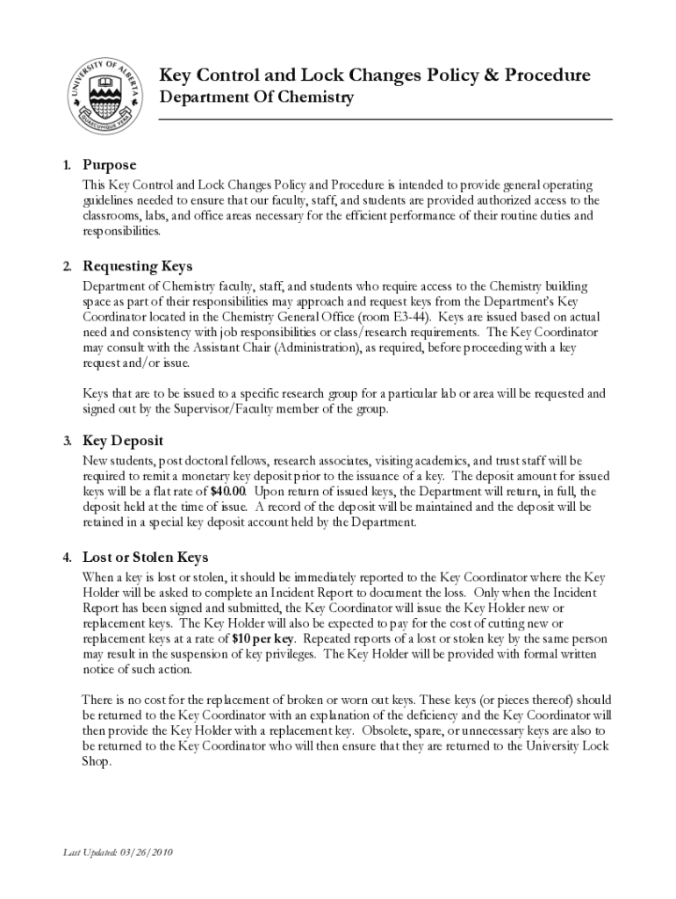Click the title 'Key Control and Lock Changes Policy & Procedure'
[374, 76]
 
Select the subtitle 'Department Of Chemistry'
[255, 97]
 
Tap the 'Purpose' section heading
[110, 165]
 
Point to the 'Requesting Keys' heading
[137, 266]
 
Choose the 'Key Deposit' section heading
[123, 441]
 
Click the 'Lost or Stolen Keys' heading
[145, 557]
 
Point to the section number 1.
[67, 166]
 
